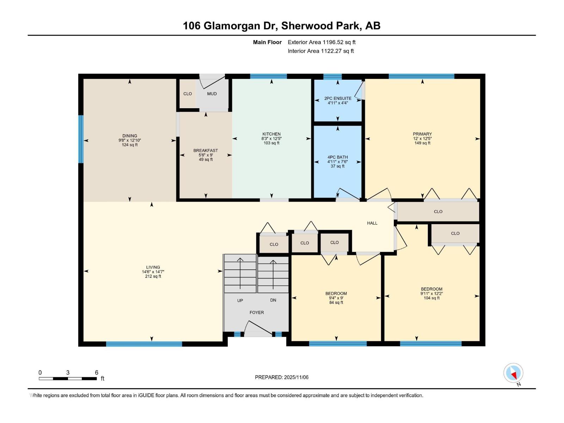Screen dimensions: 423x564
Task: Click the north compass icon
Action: [513, 373]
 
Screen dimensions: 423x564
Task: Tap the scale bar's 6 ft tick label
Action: [97, 373]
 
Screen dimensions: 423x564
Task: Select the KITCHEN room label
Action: [271, 134]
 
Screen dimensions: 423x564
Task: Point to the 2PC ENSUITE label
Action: [338, 98]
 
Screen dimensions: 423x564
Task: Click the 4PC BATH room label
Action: [338, 157]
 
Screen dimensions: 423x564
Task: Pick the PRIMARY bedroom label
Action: [422, 134]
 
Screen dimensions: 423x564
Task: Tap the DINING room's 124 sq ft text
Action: [130, 145]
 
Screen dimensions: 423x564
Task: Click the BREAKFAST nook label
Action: [206, 151]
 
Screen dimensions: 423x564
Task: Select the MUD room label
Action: [212, 94]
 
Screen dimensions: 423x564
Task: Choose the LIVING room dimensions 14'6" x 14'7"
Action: [153, 272]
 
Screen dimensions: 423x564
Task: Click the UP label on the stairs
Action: [240, 301]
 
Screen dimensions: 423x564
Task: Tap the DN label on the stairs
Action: [273, 300]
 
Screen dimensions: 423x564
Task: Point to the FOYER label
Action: [257, 313]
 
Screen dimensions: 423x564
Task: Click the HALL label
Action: [372, 223]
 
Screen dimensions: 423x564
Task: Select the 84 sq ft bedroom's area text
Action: [336, 302]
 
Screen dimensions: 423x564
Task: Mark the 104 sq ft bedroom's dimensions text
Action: [431, 294]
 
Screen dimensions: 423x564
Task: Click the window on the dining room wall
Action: [81, 139]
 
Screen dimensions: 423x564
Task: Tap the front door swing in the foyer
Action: [259, 328]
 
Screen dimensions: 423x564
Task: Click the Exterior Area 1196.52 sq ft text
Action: [321, 42]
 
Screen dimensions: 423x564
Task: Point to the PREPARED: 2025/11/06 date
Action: [282, 377]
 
